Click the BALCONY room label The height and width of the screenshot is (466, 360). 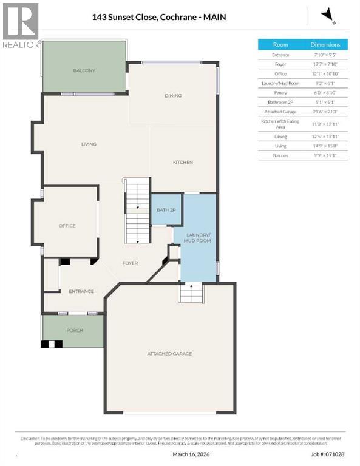click(x=84, y=71)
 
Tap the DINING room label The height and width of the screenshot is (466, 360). click(x=173, y=96)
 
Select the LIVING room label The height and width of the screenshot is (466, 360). click(x=89, y=144)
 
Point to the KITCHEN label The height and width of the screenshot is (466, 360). click(x=183, y=163)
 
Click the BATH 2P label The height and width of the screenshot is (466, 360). click(x=166, y=210)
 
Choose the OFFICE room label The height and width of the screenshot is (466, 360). click(x=67, y=226)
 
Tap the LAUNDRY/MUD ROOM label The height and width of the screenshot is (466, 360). click(x=197, y=237)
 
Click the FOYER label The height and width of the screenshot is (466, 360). click(x=130, y=263)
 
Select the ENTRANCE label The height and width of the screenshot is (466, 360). click(x=81, y=291)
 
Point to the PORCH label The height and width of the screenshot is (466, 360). click(x=75, y=331)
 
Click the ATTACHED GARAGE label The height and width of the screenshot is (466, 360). click(x=169, y=354)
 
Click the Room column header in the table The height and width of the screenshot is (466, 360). click(x=280, y=44)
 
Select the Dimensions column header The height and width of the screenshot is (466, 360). click(x=325, y=44)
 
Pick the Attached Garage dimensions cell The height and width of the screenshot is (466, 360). click(x=325, y=112)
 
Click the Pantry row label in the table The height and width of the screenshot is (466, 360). click(x=280, y=93)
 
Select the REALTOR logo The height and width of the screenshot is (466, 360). click(x=20, y=25)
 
